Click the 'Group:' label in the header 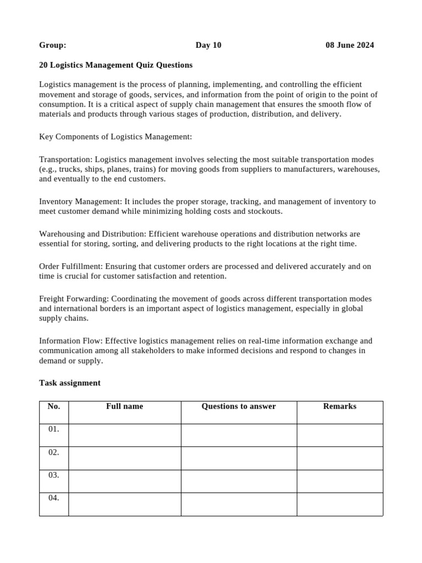(53, 45)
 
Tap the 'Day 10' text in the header (208, 45)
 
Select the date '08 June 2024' (349, 45)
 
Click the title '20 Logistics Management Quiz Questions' (116, 65)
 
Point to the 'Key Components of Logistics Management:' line (115, 136)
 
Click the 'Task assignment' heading (70, 383)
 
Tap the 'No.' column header (54, 406)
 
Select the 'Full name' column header (125, 406)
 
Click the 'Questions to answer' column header (238, 406)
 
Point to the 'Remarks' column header (340, 406)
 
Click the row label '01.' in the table (54, 429)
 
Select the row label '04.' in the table (54, 498)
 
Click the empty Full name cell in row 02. (125, 458)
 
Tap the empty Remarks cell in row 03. (340, 481)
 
